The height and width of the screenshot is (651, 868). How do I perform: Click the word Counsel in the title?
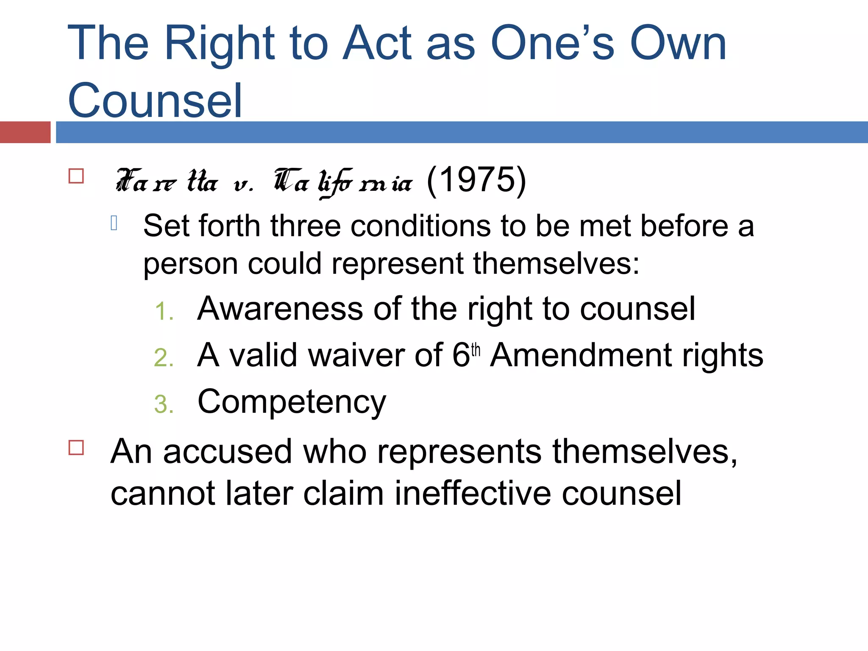[155, 100]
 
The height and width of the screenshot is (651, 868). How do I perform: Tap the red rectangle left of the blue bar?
[25, 132]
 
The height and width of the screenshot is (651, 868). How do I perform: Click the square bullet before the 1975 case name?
[76, 176]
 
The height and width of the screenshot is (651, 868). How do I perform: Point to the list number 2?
[164, 358]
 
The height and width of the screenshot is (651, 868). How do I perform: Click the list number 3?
[164, 404]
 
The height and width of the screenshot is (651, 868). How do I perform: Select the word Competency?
[292, 401]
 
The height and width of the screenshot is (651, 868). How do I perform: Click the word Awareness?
[280, 309]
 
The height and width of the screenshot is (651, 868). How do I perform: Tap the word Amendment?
[581, 355]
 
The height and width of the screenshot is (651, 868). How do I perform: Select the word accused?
[228, 452]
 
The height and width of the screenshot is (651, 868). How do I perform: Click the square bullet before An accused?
[76, 448]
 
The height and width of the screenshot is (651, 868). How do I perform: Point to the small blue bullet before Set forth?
[114, 223]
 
